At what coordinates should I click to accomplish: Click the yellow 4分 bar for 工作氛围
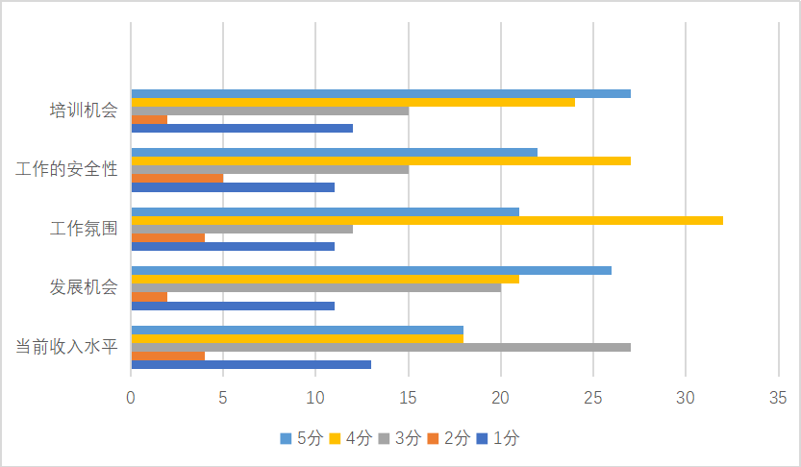coord(426,220)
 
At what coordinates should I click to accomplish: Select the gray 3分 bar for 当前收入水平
coord(381,347)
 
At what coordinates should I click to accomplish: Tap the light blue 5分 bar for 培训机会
coord(381,93)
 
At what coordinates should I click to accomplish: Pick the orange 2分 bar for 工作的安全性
coord(177,178)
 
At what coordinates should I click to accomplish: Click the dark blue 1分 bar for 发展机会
coord(233,306)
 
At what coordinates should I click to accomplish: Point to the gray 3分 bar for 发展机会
coord(315,287)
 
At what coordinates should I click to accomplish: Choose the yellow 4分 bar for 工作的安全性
coord(381,160)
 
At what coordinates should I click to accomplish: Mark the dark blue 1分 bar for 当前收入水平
coord(251,364)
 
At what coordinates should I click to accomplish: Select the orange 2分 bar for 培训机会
coord(149,119)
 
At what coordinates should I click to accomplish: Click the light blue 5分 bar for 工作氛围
coord(325,211)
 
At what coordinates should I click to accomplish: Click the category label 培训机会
coord(84,111)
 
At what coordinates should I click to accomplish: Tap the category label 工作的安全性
coord(67,169)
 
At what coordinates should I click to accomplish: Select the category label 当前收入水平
coord(67,346)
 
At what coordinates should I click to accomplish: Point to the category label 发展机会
coord(84,286)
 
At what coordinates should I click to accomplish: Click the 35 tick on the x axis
coord(778,396)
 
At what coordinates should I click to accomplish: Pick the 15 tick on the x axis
coord(408,396)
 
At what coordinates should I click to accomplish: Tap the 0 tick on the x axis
coord(131,396)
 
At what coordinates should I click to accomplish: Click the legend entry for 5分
coord(301,438)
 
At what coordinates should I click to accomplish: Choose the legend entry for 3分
coord(401,438)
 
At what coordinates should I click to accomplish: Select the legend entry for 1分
coord(501,438)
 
